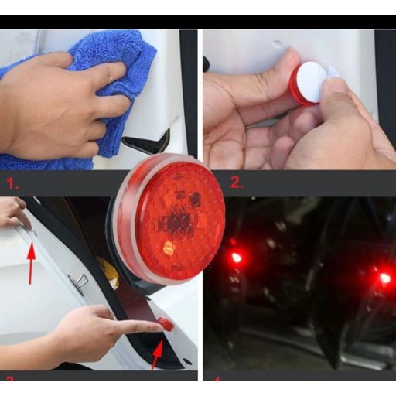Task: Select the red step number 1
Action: pyautogui.click(x=11, y=183)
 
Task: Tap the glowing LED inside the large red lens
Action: pyautogui.click(x=168, y=247)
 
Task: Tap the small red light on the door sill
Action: pyautogui.click(x=165, y=324)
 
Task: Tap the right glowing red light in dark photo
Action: pyautogui.click(x=384, y=278)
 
